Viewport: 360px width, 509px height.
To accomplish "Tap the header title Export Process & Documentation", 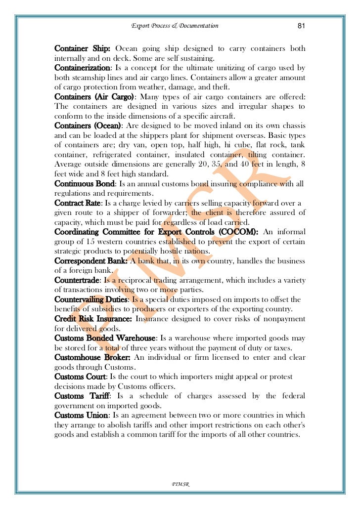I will (175, 26).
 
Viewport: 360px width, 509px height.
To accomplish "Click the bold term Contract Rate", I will (78, 203).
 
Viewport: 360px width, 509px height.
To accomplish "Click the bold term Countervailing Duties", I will (91, 299).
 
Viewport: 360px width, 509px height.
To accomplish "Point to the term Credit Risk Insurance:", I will (93, 319).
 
